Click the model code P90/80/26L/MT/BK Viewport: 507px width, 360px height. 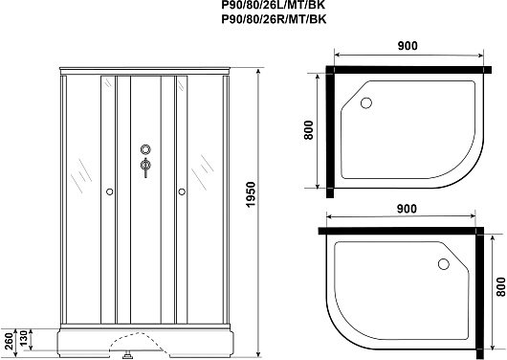point(274,5)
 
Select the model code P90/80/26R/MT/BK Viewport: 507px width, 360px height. point(274,19)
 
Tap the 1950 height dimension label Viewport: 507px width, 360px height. point(251,195)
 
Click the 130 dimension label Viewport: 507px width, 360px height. point(24,338)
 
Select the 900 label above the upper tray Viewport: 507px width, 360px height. point(408,46)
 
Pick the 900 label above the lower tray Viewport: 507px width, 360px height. point(407,209)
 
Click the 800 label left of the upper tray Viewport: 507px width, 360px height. point(309,130)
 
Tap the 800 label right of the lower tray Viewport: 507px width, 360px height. point(500,286)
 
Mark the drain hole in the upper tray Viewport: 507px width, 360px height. point(366,103)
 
